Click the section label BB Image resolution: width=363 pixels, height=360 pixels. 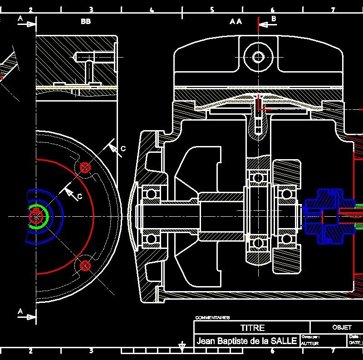coord(86,21)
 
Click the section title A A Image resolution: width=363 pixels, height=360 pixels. coord(236,21)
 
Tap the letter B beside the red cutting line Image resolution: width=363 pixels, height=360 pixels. coord(274,18)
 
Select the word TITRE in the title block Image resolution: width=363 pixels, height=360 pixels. coord(252,327)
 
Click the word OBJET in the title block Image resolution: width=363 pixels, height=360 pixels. coord(342,327)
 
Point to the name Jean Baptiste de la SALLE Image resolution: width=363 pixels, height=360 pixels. coord(247,341)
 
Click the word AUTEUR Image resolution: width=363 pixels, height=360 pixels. coord(309,344)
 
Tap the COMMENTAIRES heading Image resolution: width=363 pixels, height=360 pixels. coord(212,318)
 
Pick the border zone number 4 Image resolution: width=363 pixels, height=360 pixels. coord(152,10)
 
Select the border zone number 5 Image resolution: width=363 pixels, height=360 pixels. coord(212,10)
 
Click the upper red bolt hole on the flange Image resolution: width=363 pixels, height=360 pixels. coord(85,167)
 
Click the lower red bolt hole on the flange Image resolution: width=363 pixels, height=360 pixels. coord(85,266)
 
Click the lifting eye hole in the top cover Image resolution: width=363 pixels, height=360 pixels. coord(258,57)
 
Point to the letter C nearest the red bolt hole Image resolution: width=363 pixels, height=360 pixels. coord(123,149)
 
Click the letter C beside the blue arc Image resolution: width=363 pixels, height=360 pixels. coord(79,196)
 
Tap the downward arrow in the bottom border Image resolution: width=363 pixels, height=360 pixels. coord(182,348)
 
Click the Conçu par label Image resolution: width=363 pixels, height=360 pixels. coord(310,337)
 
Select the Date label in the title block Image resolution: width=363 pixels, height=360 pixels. coord(354,337)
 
